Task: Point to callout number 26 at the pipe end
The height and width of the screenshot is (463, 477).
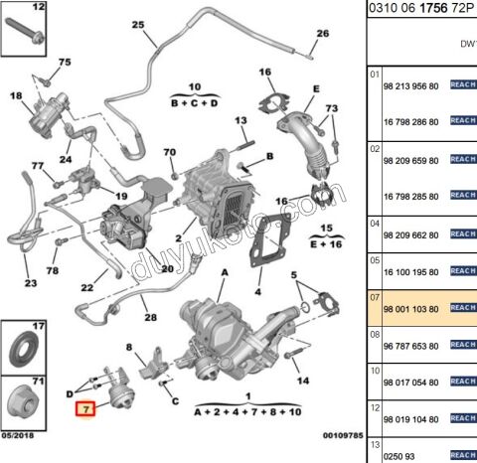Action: (x=321, y=33)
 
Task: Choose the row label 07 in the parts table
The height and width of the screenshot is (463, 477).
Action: (x=375, y=297)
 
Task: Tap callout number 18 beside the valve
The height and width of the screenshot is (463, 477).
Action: (x=16, y=95)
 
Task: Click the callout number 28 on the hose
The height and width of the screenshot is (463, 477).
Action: (x=149, y=318)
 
